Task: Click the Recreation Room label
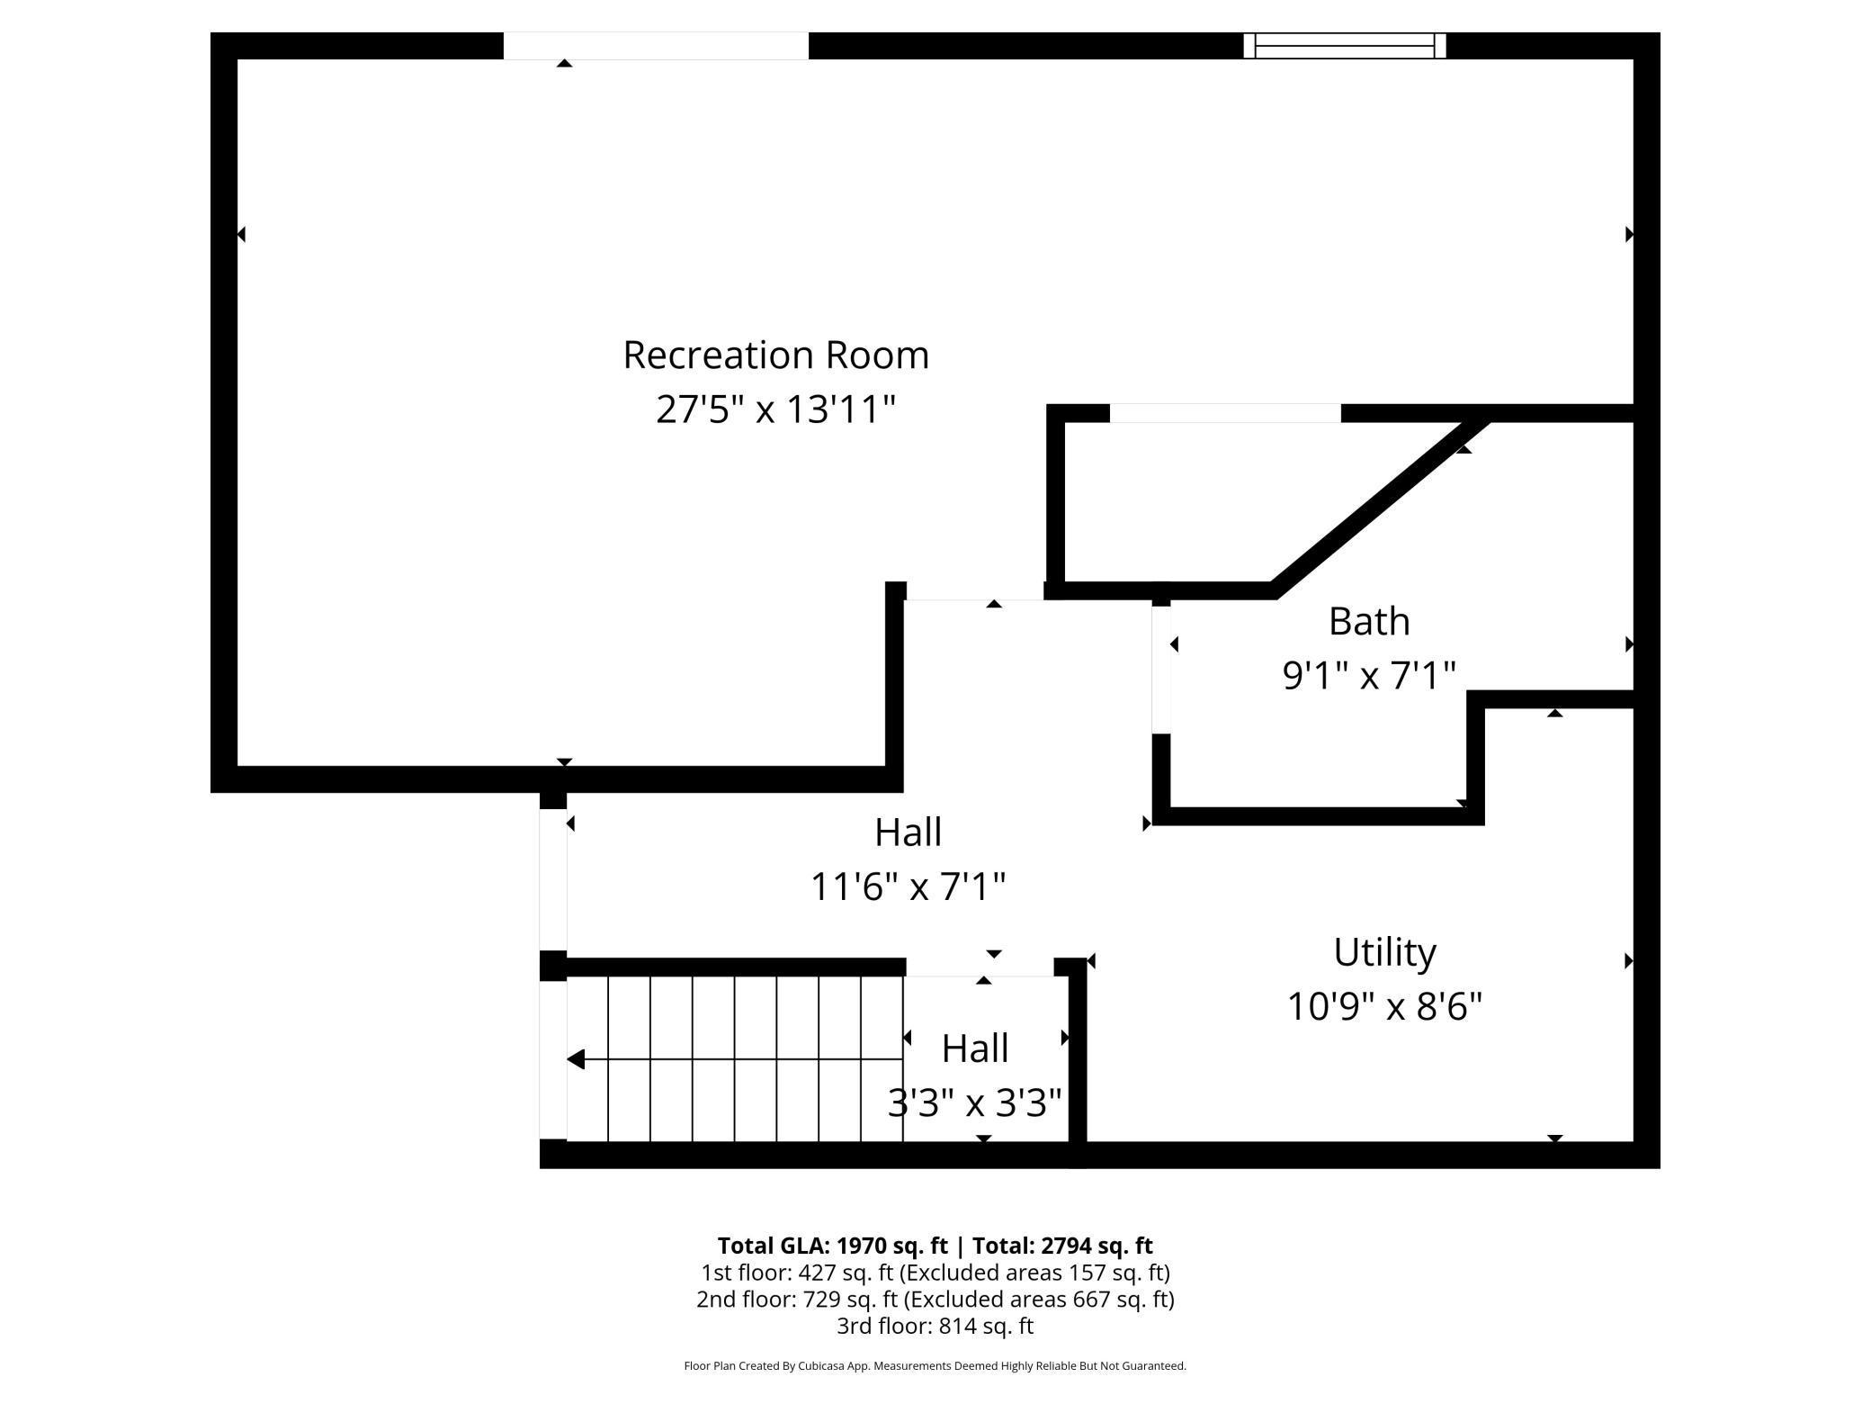click(x=775, y=355)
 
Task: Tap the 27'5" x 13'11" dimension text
click(x=775, y=409)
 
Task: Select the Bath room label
click(x=1368, y=621)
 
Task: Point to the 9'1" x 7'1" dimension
click(x=1368, y=675)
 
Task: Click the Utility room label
click(x=1384, y=951)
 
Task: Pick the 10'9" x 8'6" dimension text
click(x=1384, y=1006)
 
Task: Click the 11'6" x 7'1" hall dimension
click(x=908, y=886)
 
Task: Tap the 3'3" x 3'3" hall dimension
click(x=974, y=1102)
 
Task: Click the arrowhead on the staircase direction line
click(x=577, y=1059)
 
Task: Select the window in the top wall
click(x=1344, y=45)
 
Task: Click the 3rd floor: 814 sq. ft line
click(x=935, y=1326)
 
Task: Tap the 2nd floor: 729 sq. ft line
click(x=935, y=1299)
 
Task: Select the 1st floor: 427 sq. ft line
click(x=935, y=1273)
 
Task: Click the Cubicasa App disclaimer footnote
click(x=935, y=1366)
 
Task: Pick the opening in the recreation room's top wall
click(x=655, y=46)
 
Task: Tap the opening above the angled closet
click(x=1224, y=413)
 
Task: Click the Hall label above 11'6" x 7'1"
click(x=908, y=832)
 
